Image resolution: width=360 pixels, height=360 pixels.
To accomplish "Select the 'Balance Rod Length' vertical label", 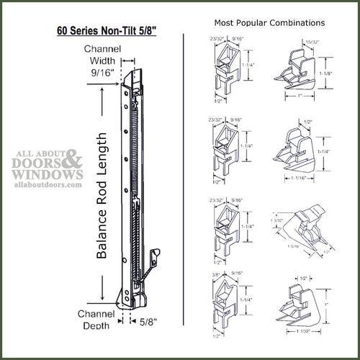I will (x=102, y=194).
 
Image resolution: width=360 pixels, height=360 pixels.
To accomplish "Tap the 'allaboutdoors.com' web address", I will (x=44, y=184).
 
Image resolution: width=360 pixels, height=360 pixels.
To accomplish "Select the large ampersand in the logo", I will (x=74, y=158).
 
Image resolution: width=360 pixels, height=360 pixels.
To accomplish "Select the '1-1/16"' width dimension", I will (x=300, y=177).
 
